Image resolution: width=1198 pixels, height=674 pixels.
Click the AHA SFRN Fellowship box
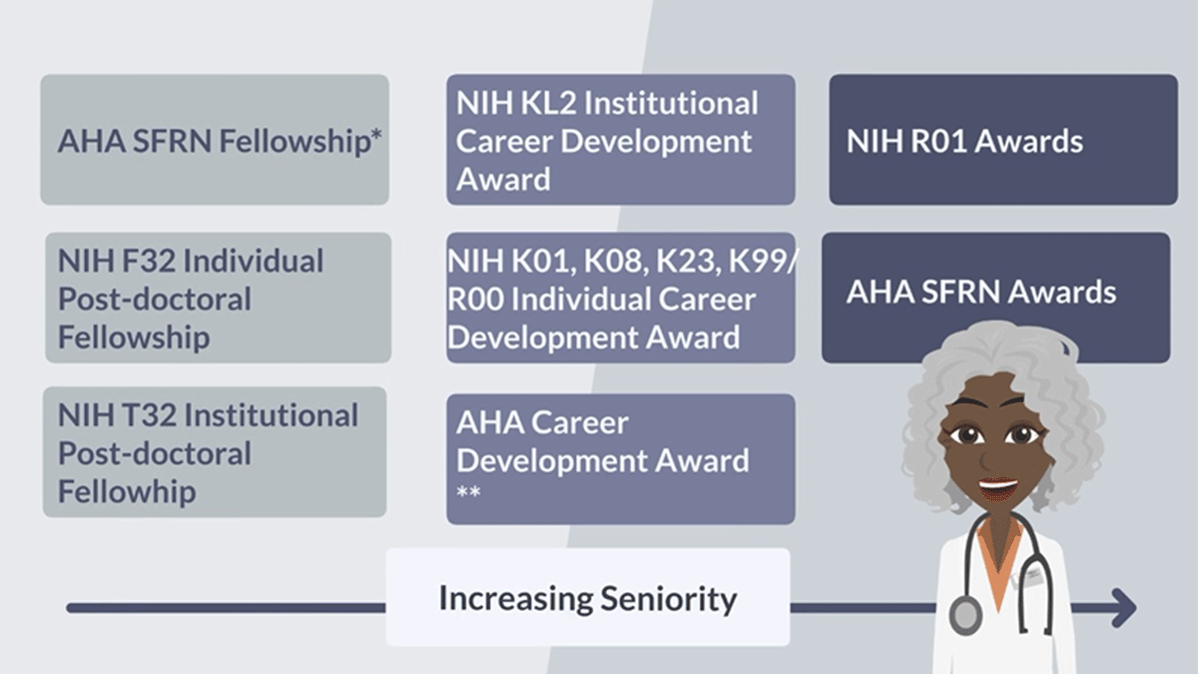pos(215,140)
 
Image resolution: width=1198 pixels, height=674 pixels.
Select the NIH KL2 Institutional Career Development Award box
pos(621,140)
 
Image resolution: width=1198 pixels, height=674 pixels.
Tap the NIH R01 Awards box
pos(1003,140)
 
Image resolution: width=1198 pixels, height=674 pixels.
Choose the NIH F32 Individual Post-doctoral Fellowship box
pos(219,298)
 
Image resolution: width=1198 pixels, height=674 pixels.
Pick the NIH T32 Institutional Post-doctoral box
pos(215,452)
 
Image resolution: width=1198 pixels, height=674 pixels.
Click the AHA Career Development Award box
pos(621,459)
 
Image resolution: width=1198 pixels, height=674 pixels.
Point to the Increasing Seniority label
pos(588,597)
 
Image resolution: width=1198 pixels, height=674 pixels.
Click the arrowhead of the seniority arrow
pos(1125,608)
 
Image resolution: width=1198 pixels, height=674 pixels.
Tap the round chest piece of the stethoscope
pos(965,616)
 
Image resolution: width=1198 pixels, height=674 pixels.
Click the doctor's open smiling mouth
pos(998,488)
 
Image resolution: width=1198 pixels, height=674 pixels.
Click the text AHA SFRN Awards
pos(980,292)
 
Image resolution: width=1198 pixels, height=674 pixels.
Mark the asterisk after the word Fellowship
pos(376,135)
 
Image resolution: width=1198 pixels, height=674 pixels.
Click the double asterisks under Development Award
pos(468,491)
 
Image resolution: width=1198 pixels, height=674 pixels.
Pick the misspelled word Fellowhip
pos(127,491)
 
